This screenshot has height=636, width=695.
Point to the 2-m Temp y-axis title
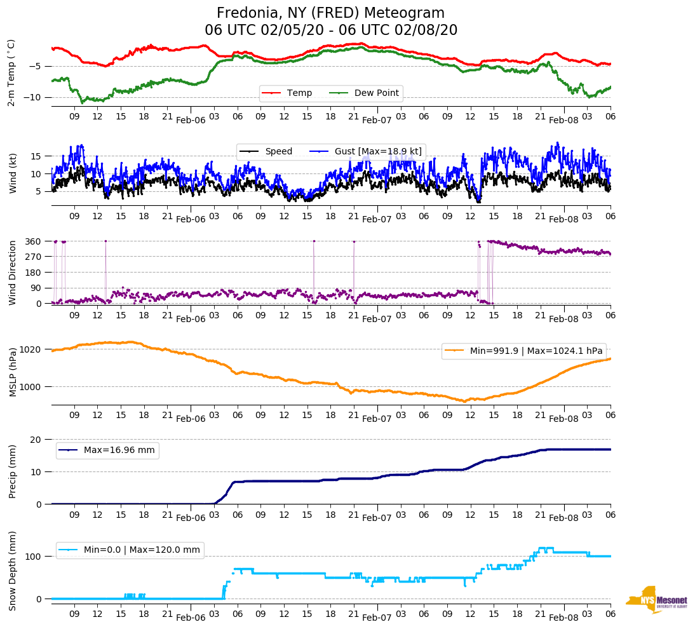coord(11,72)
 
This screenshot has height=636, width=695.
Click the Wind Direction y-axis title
coord(12,273)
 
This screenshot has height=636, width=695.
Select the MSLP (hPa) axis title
coord(12,372)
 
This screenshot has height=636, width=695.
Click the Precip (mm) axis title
coord(12,471)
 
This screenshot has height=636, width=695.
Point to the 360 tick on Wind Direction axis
coord(34,241)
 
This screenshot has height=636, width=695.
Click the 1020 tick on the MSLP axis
coord(31,349)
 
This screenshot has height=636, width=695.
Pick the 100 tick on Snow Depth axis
coord(34,557)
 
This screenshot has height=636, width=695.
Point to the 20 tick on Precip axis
coord(37,440)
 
